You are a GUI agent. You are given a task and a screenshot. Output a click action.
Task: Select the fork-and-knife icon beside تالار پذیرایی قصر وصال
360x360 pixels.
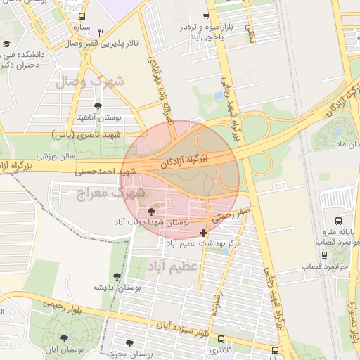pyautogui.click(x=101, y=32)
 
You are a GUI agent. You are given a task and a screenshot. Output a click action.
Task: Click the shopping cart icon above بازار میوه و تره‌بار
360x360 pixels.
pyautogui.click(x=206, y=16)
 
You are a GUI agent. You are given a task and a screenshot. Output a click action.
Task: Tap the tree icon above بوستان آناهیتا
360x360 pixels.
pyautogui.click(x=98, y=106)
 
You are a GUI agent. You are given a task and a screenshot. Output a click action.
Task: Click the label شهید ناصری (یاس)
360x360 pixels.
pyautogui.click(x=86, y=134)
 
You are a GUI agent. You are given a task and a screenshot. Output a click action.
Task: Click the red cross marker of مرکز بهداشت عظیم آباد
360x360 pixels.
pyautogui.click(x=203, y=232)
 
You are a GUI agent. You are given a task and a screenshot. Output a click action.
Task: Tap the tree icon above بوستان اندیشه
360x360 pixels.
pyautogui.click(x=117, y=276)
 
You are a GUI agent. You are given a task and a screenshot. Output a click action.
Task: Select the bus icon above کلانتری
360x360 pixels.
pyautogui.click(x=222, y=339)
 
